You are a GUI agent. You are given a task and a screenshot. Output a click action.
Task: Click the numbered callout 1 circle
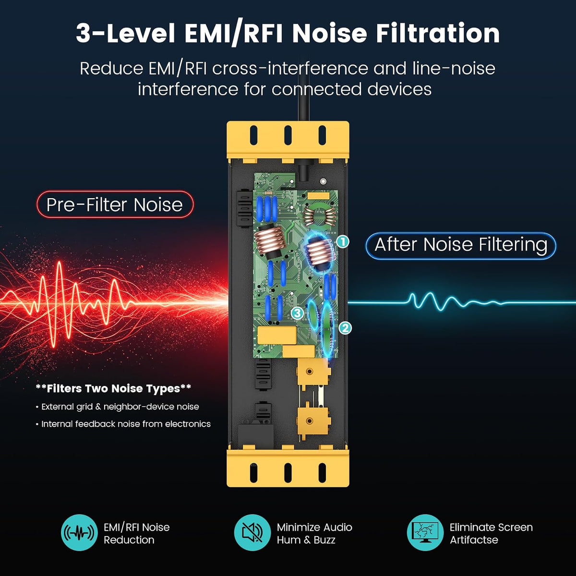(x=343, y=241)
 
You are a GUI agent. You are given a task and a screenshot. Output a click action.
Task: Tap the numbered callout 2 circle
(x=345, y=328)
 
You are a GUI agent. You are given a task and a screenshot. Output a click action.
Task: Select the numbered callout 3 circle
(x=298, y=313)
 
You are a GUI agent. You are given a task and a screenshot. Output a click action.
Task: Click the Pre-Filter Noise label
(x=115, y=205)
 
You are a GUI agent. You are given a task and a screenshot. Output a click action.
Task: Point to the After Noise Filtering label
(x=461, y=245)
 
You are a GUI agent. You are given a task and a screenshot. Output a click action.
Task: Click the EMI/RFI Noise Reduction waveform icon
(x=79, y=532)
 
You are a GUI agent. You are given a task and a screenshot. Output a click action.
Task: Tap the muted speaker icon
(x=252, y=532)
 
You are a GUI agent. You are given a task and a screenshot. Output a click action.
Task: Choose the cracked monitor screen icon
(x=425, y=532)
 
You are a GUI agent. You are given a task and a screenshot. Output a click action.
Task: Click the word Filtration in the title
(x=438, y=33)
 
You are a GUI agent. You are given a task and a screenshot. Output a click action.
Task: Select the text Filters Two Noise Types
(x=113, y=388)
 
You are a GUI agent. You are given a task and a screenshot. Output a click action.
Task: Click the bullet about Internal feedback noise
(x=123, y=424)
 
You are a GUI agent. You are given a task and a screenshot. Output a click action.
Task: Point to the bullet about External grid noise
(x=117, y=407)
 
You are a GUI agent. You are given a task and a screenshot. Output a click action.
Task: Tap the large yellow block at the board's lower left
(x=277, y=335)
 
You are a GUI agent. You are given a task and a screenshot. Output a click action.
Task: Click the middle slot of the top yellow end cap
(x=288, y=135)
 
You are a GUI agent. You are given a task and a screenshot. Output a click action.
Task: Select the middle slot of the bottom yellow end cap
(x=288, y=473)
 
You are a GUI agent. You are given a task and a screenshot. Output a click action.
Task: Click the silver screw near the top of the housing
(x=323, y=181)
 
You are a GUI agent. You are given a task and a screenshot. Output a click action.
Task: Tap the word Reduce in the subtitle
(x=111, y=69)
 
